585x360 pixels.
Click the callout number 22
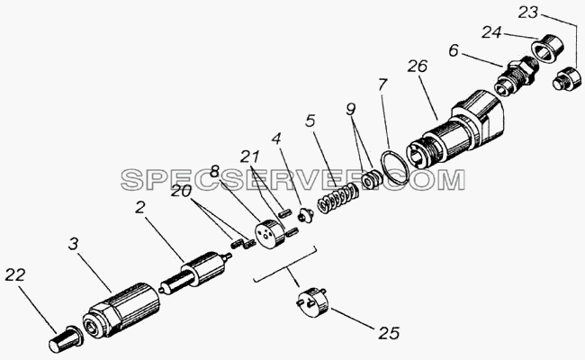click(x=15, y=274)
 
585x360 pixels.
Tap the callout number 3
click(x=74, y=244)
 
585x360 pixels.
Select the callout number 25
click(x=389, y=333)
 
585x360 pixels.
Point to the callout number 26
click(x=418, y=66)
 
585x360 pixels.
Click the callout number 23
click(x=528, y=13)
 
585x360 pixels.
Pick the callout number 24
click(x=491, y=32)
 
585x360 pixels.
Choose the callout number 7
click(x=382, y=85)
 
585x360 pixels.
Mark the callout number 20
click(x=181, y=192)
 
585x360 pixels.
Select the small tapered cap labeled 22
click(x=66, y=339)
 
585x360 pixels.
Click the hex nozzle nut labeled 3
click(x=121, y=310)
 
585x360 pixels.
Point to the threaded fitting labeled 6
click(x=517, y=76)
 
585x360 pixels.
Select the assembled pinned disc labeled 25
click(x=312, y=302)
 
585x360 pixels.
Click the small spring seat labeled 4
click(x=306, y=216)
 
